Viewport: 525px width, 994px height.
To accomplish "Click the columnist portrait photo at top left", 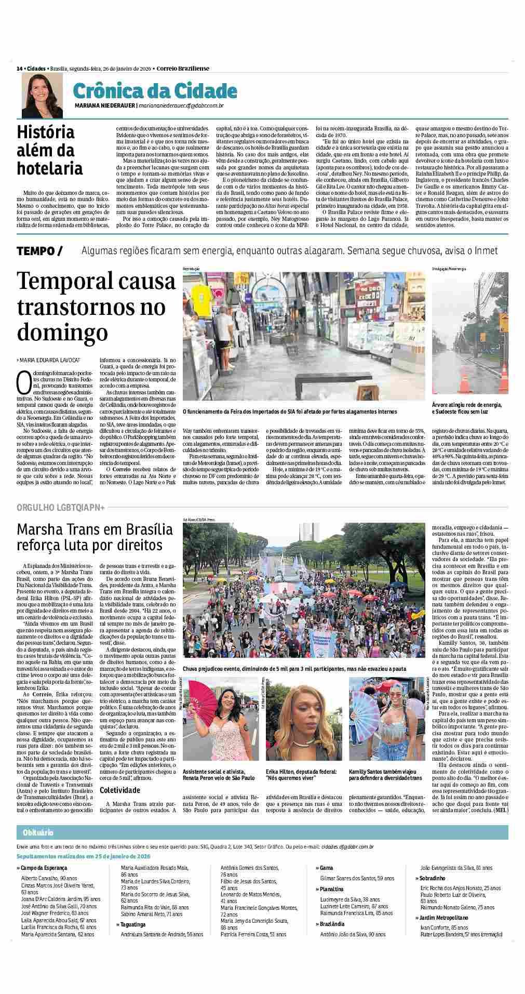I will (38, 95).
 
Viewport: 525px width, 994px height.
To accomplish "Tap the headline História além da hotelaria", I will (50, 150).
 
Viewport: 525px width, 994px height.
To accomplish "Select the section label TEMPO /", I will (39, 251).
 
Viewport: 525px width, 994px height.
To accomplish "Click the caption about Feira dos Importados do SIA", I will (289, 412).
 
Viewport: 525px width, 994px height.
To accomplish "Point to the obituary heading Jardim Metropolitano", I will (445, 918).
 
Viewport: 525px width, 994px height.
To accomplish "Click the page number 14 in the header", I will (19, 68).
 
